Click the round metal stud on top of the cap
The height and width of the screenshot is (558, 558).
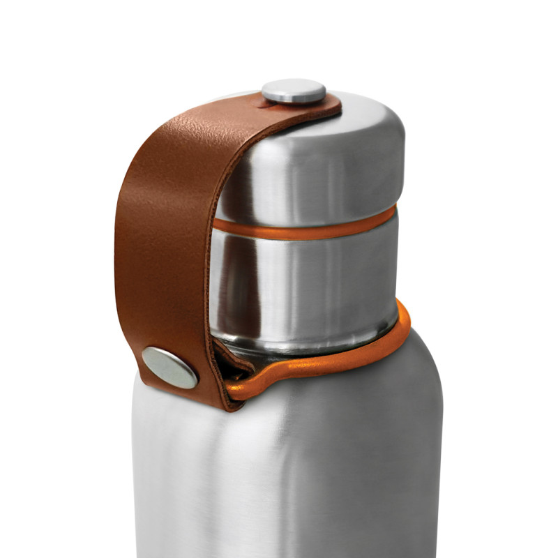294,91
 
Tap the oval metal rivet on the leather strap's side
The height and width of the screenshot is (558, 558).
170,368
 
